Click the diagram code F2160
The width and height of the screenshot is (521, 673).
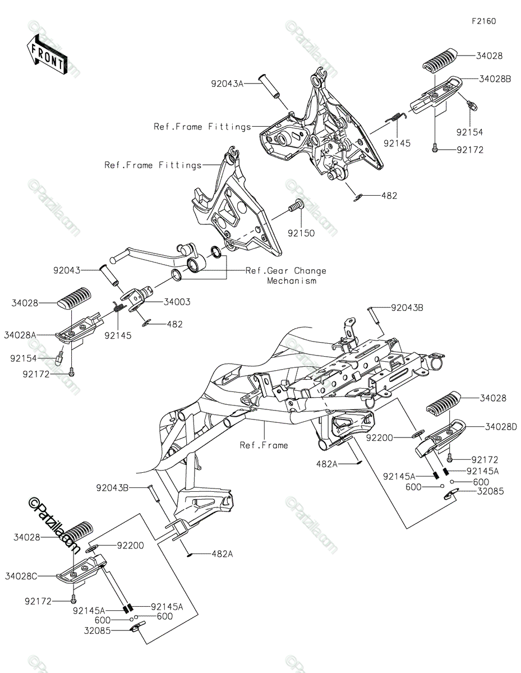(483, 21)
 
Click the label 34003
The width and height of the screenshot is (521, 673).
(177, 302)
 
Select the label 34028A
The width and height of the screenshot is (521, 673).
(20, 335)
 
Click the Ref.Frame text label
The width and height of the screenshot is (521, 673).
(264, 445)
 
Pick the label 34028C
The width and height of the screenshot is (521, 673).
(20, 576)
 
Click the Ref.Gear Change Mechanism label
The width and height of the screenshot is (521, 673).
(286, 275)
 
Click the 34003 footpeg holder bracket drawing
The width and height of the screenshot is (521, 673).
(138, 297)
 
